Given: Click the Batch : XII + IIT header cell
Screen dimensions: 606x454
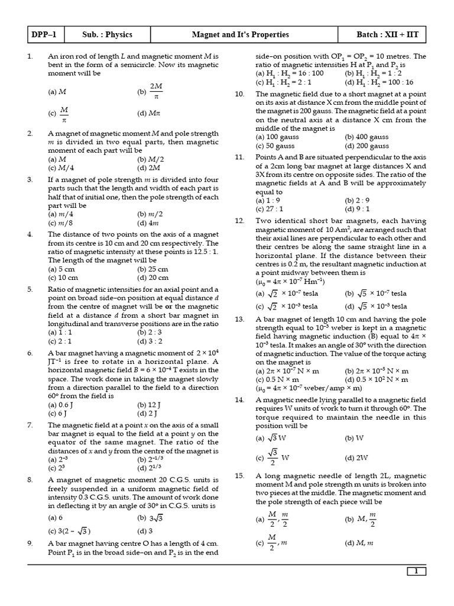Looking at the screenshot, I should point(387,35).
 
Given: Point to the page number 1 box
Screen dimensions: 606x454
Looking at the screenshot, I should point(416,571).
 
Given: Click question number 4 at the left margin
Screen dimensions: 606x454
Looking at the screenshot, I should point(30,234).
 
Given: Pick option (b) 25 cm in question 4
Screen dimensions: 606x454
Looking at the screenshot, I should point(152,269).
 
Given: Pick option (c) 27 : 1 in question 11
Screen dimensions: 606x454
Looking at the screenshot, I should point(269,209).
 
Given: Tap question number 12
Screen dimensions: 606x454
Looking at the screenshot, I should point(239,221).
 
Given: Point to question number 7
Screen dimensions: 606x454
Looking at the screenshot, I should point(30,426).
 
